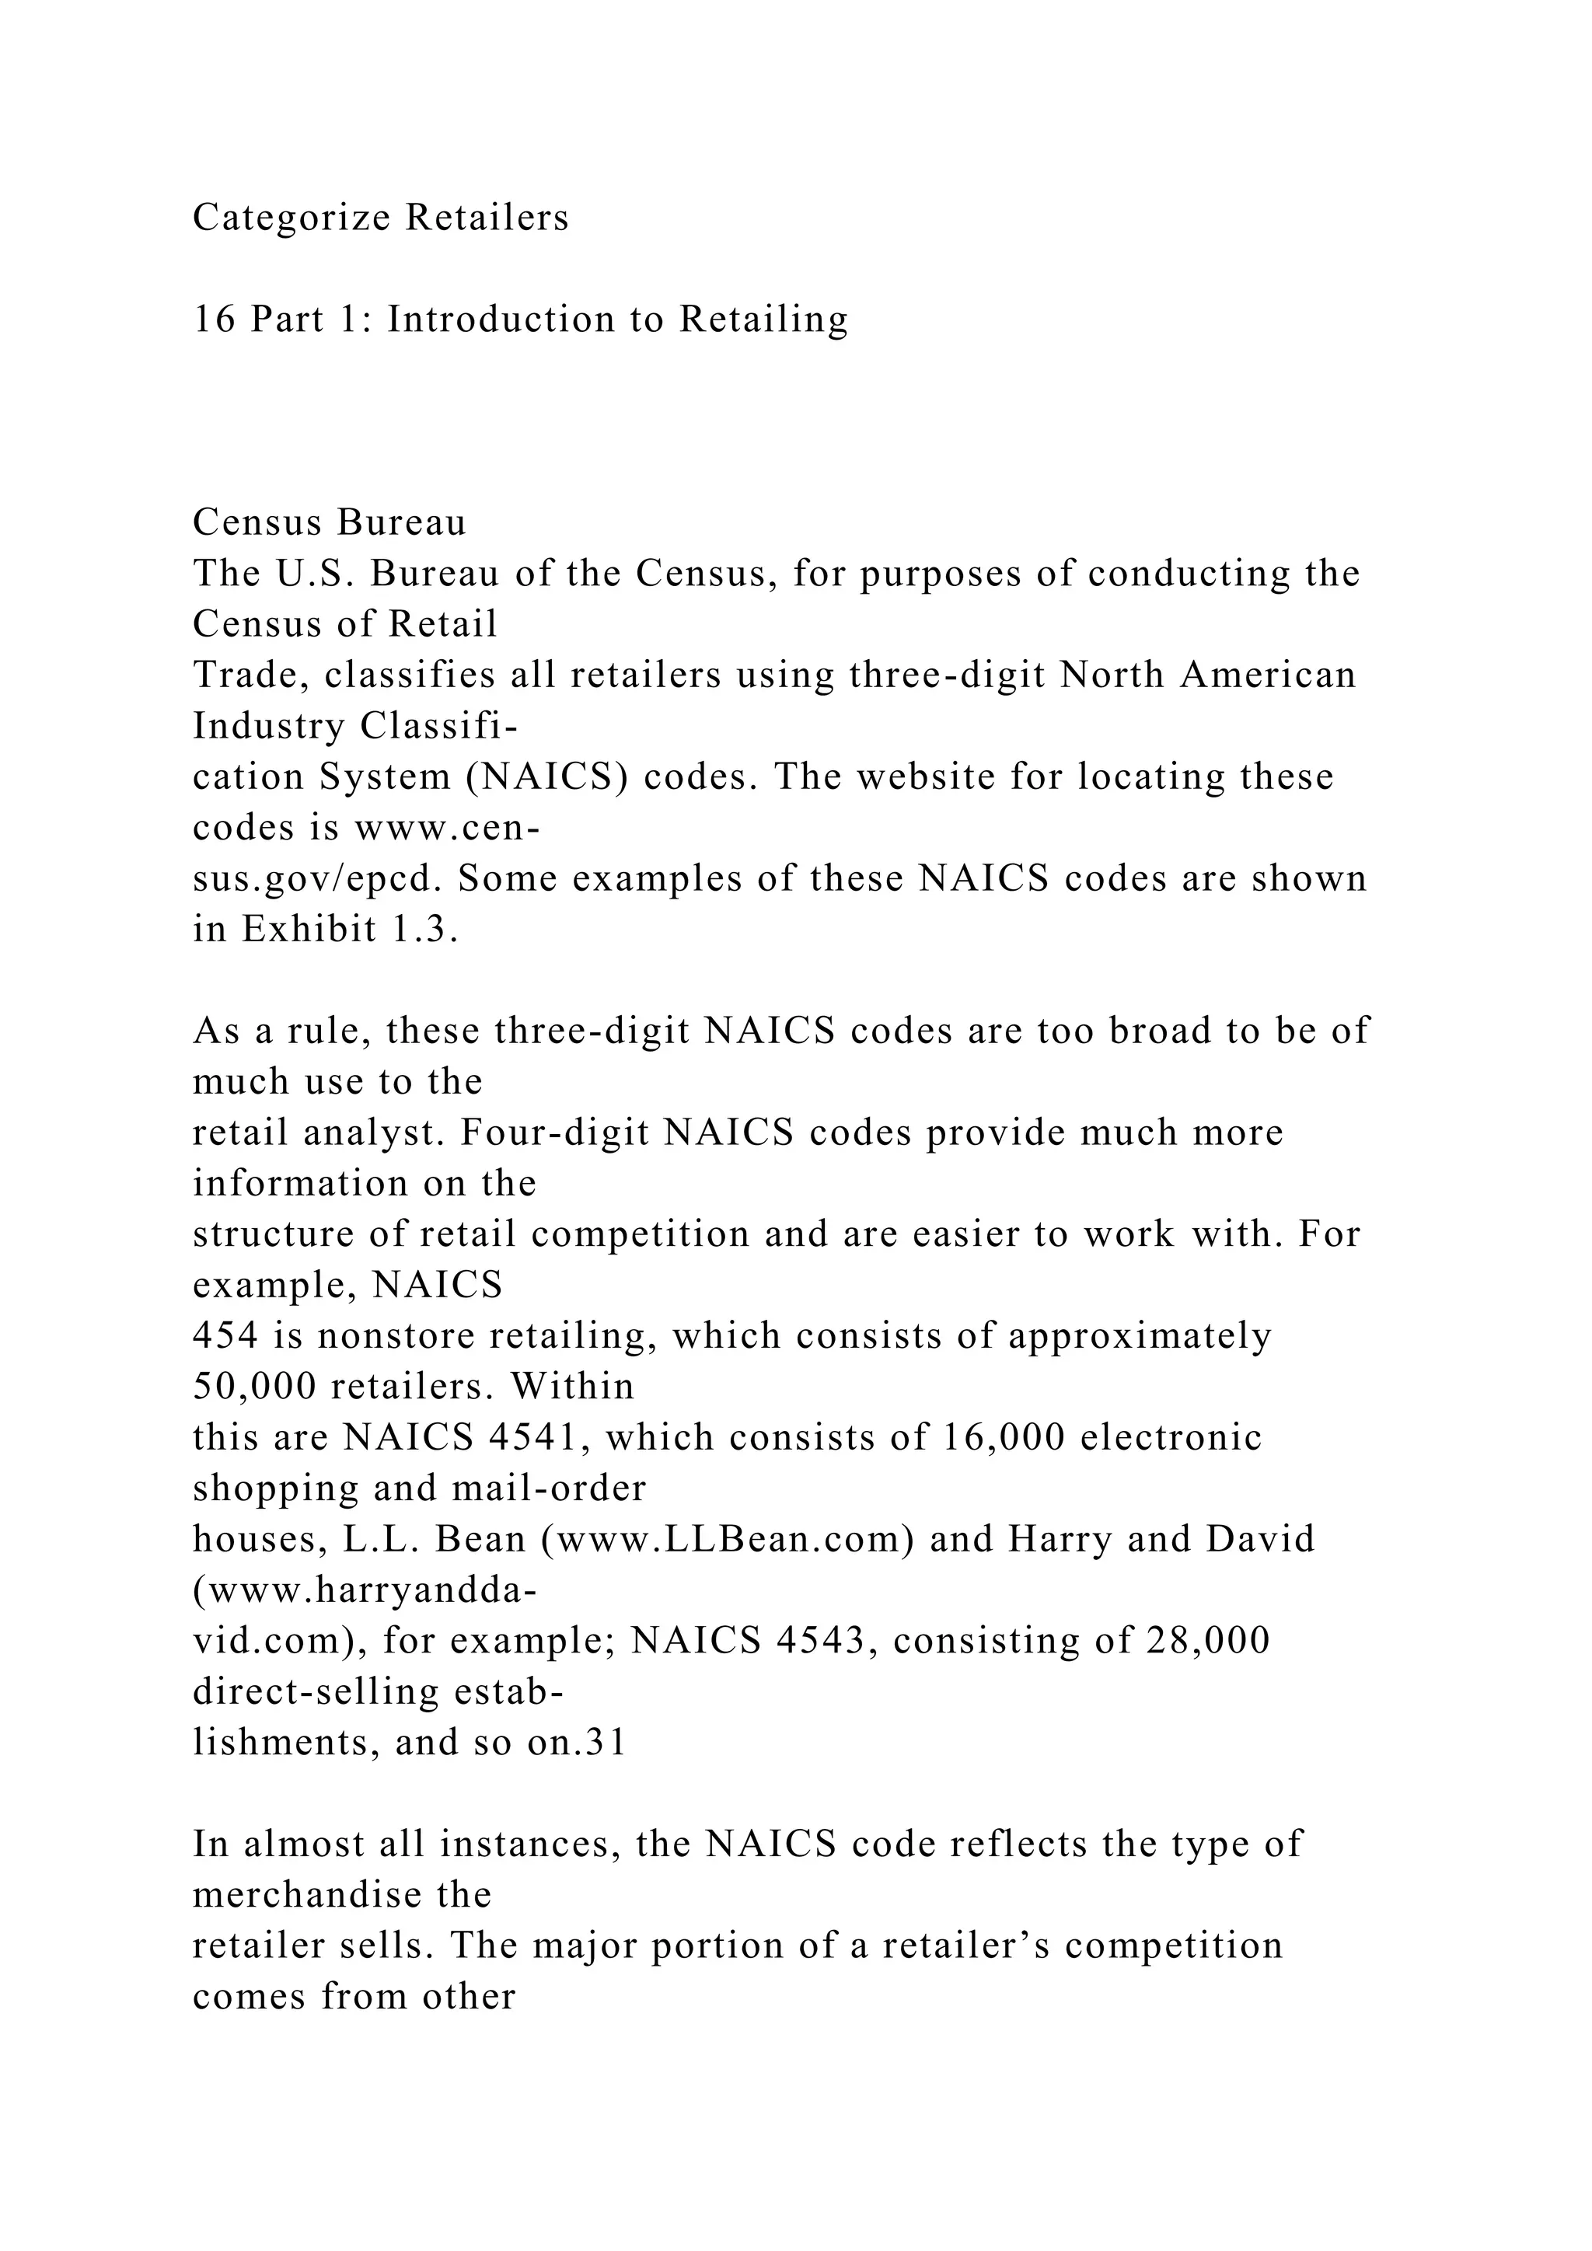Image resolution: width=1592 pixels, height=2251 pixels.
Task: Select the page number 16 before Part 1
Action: pyautogui.click(x=214, y=319)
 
